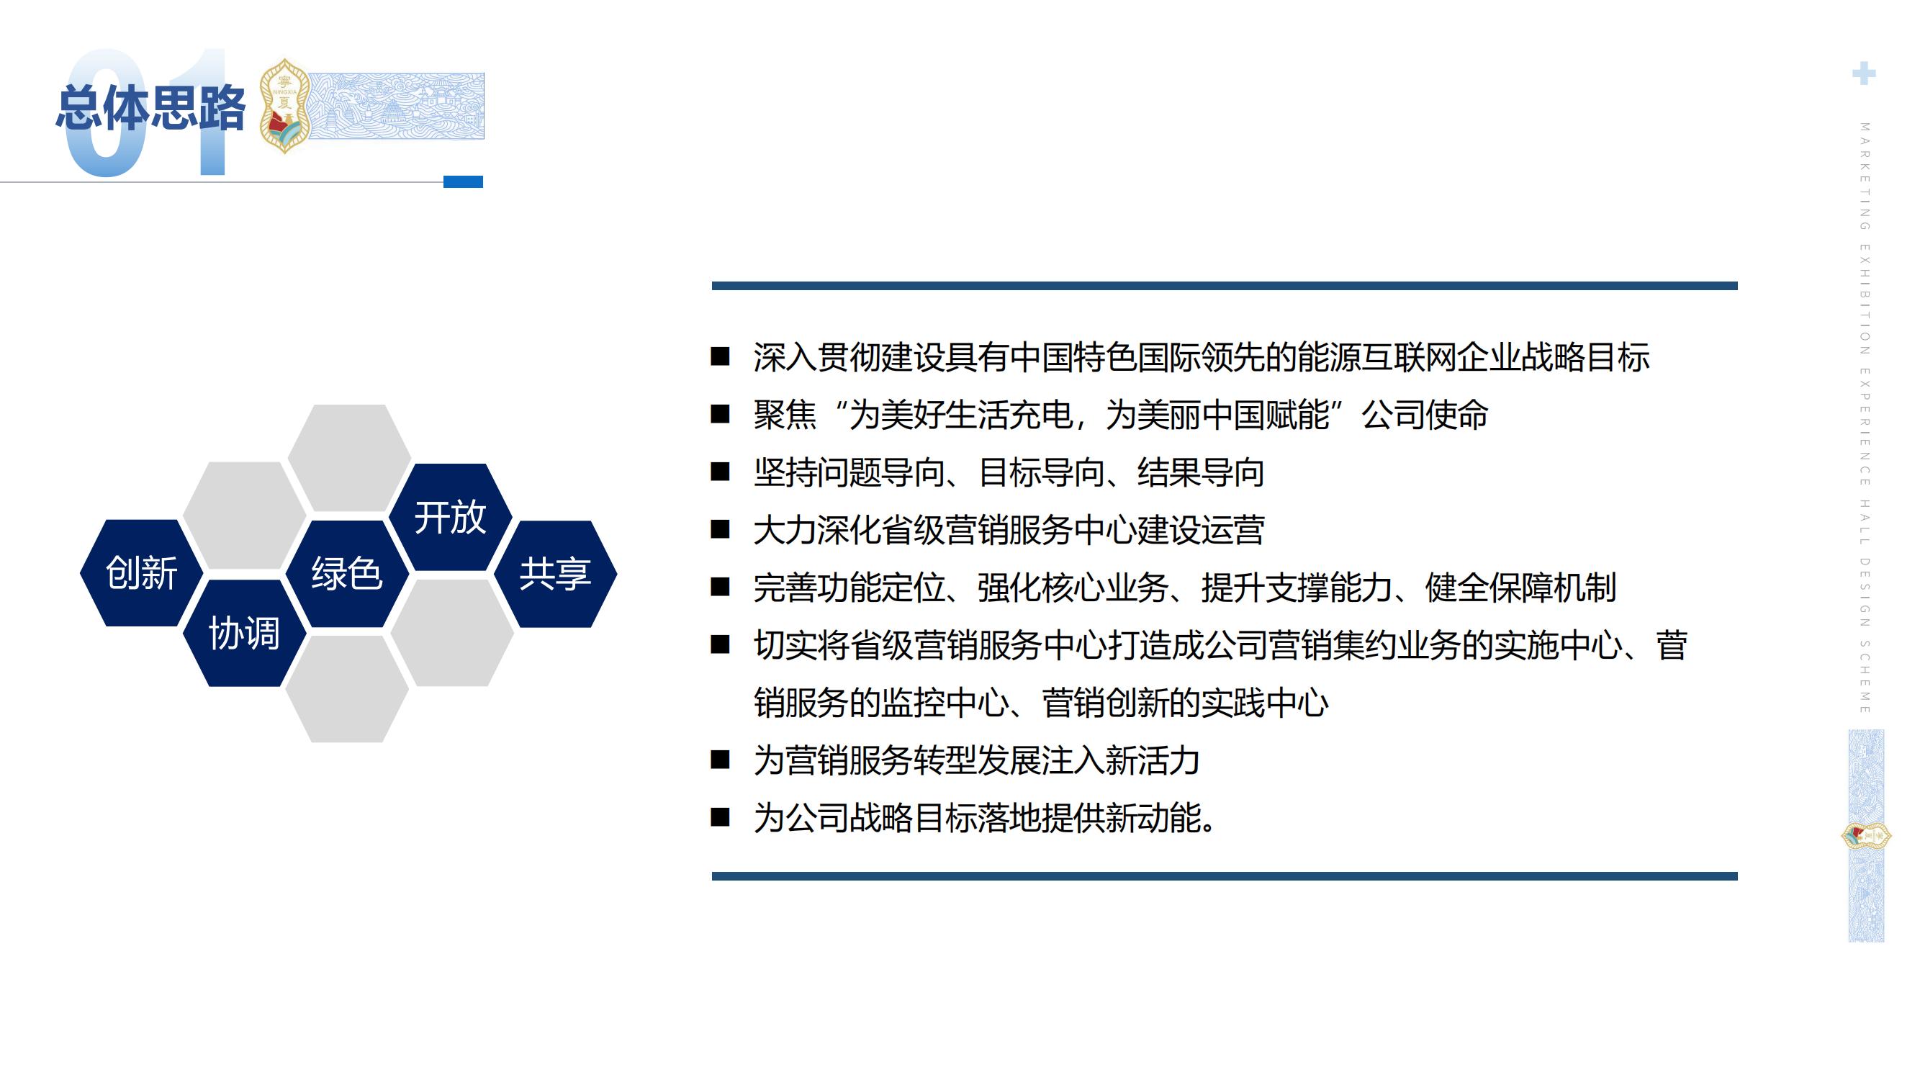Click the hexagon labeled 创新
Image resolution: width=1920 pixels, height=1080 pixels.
click(x=141, y=573)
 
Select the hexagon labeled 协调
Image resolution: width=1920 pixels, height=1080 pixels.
click(x=245, y=634)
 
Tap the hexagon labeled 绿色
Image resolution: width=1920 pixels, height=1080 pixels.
click(x=347, y=573)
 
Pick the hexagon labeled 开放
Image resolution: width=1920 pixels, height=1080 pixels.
click(x=450, y=517)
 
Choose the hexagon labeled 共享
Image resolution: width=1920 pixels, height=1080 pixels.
click(x=555, y=574)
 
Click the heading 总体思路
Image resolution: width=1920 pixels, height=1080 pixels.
click(x=150, y=109)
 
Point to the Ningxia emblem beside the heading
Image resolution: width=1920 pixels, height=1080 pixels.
click(x=284, y=106)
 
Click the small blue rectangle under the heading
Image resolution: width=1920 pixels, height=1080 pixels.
click(x=463, y=182)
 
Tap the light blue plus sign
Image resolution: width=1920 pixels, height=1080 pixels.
click(x=1863, y=73)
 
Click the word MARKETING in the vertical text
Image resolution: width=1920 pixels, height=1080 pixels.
click(x=1864, y=176)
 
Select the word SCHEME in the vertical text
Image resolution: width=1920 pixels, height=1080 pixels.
click(x=1864, y=676)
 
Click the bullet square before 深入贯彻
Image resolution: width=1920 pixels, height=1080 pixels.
click(x=720, y=357)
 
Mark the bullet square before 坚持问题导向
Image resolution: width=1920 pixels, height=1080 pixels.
click(x=720, y=472)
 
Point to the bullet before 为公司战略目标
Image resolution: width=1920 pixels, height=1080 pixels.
click(x=720, y=818)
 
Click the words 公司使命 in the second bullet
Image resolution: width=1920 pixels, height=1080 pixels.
click(x=1425, y=415)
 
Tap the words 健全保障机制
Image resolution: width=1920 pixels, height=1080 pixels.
click(x=1520, y=588)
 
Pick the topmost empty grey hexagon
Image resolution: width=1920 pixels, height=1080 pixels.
click(x=349, y=457)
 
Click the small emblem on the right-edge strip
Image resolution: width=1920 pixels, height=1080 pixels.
click(x=1865, y=835)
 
